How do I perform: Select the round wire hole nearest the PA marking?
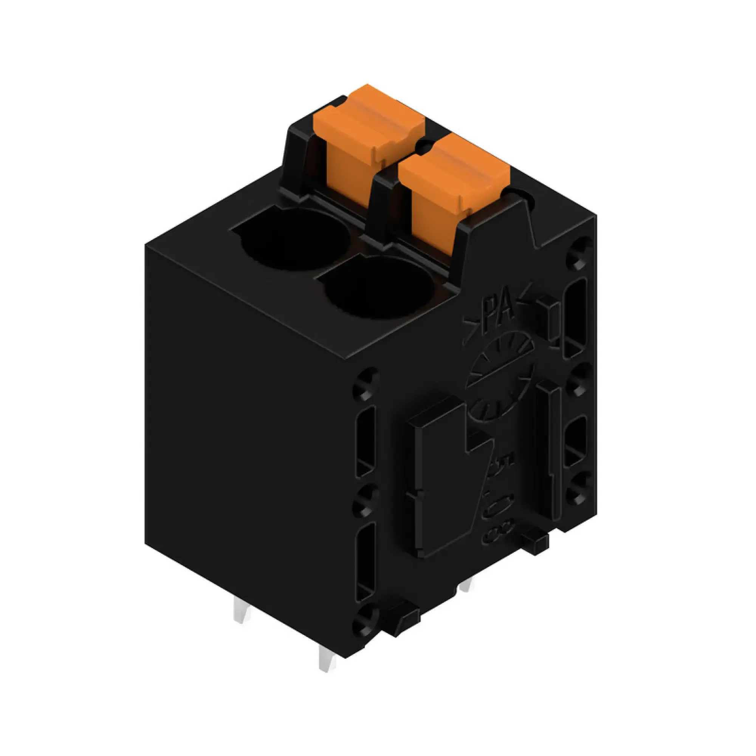click(378, 288)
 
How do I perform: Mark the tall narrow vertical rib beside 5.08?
click(548, 450)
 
